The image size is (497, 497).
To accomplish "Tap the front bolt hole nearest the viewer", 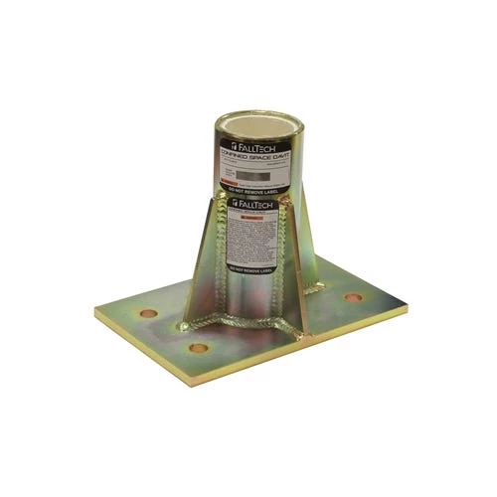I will pos(198,349).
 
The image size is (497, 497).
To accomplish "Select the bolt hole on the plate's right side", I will pos(352,298).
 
